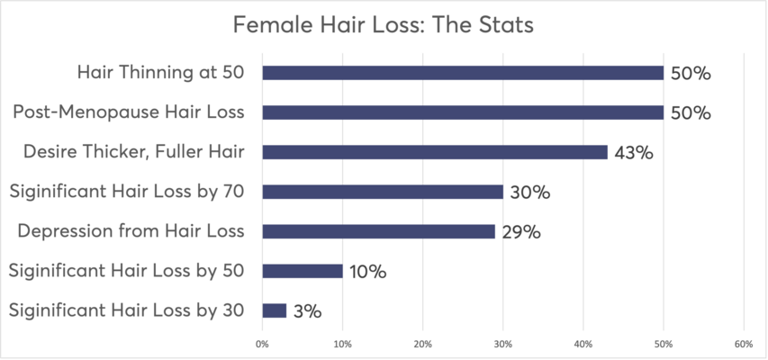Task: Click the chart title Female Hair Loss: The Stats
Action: (384, 25)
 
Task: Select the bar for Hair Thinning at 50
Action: (463, 73)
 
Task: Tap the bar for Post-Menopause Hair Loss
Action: (463, 112)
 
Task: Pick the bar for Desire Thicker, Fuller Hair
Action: (435, 152)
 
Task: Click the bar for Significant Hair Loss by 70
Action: (383, 192)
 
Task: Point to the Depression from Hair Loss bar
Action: (378, 231)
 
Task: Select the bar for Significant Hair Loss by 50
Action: (303, 271)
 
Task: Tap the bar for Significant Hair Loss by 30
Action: (275, 310)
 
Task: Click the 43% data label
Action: (633, 153)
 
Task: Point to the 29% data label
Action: (520, 232)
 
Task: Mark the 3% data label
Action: (306, 311)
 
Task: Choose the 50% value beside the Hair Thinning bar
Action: (690, 74)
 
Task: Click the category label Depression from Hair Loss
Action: (131, 231)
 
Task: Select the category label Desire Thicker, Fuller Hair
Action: (134, 152)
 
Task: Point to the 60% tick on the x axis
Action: (743, 343)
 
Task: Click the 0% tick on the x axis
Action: (262, 343)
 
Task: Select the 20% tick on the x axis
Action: (423, 343)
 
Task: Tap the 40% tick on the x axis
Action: (583, 343)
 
